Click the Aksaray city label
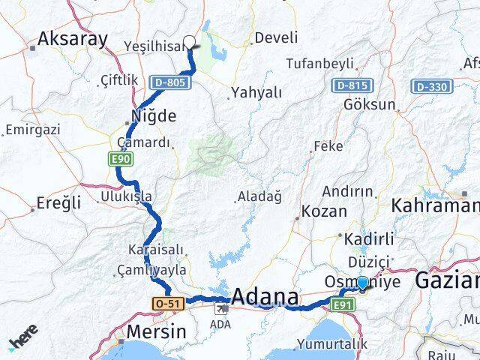click(73, 40)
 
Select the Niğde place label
click(154, 115)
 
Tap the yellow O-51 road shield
click(167, 303)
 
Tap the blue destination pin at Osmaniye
click(363, 283)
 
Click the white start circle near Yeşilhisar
click(189, 43)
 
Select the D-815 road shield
click(351, 87)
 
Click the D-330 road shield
click(430, 87)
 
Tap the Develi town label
click(276, 37)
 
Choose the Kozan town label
click(324, 211)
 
